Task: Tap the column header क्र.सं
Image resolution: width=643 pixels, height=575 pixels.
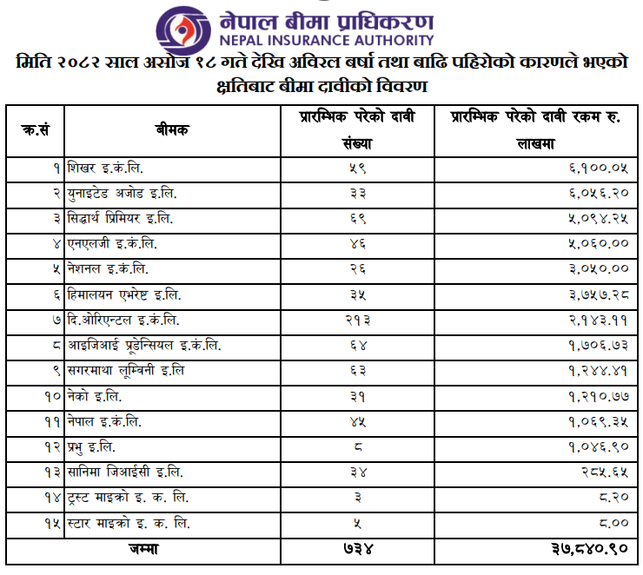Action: (35, 130)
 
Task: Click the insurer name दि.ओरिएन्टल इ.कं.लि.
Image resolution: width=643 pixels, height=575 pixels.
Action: (123, 321)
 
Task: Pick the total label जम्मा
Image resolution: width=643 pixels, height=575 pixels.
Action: (141, 550)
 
